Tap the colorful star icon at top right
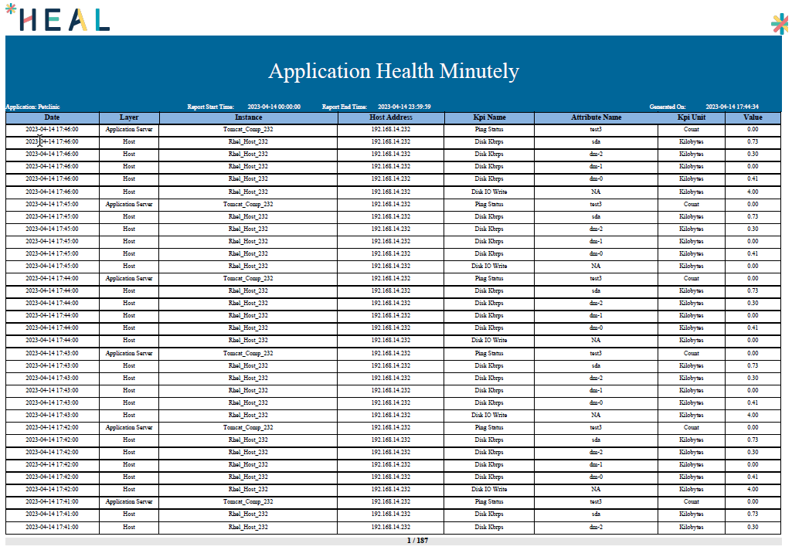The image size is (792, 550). [780, 24]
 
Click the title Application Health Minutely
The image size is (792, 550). [393, 71]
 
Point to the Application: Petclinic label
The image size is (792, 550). [32, 107]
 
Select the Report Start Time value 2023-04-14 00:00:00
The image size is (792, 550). [274, 107]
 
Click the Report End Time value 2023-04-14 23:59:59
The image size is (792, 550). [404, 107]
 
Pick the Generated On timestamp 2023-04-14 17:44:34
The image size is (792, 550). [732, 107]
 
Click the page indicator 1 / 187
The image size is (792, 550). [417, 541]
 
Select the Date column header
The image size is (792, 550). [52, 117]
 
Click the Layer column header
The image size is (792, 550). [129, 117]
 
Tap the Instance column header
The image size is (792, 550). [248, 117]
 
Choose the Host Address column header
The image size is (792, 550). [391, 117]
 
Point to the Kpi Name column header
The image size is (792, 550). [489, 117]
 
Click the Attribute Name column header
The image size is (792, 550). [596, 117]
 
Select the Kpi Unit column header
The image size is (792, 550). [692, 117]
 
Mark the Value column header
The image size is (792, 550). [753, 117]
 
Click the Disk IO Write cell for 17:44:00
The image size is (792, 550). [489, 340]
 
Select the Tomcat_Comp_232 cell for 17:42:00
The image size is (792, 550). [248, 427]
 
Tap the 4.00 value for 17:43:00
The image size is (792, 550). [753, 415]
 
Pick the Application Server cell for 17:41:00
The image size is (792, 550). [129, 501]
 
